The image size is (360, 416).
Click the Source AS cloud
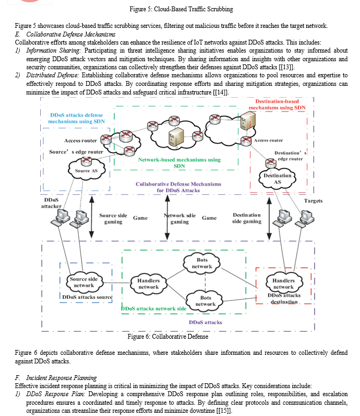87,170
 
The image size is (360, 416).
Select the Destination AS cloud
277,179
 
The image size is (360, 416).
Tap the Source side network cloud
84,282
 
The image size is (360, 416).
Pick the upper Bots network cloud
202,263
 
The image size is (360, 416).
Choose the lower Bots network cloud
205,301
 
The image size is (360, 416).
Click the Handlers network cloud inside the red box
284,283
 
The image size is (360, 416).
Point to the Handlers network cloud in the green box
149,283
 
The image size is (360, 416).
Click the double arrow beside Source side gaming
91,217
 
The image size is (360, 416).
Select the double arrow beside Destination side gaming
269,218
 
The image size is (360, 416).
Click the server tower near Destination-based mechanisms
248,120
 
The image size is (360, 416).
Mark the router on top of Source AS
86,160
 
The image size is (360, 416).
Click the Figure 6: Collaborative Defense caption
168,337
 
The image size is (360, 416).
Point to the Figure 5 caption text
181,9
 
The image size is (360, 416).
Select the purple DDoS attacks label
205,323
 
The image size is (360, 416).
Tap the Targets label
313,201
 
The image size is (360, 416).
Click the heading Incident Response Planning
61,377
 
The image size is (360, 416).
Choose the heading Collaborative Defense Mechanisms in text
71,34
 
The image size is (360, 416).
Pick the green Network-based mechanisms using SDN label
180,163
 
